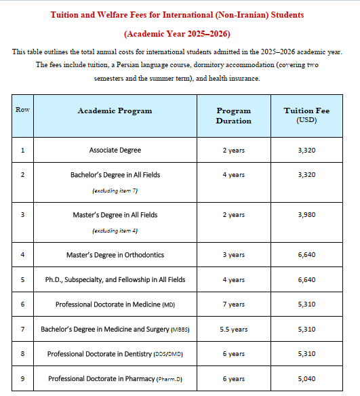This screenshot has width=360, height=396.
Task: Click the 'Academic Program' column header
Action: click(115, 111)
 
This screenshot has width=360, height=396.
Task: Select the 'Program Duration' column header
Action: click(233, 115)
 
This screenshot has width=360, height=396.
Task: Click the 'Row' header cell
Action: click(22, 110)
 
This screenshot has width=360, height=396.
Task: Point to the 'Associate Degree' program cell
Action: click(115, 150)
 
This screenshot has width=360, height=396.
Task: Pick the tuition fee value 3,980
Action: click(306, 215)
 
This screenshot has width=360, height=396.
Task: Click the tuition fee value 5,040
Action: click(306, 378)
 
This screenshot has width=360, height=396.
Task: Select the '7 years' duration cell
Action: click(233, 304)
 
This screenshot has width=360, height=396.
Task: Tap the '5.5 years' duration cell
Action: click(233, 330)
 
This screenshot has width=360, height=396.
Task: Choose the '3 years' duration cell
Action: click(233, 255)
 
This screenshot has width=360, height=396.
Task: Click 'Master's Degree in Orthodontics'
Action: click(115, 255)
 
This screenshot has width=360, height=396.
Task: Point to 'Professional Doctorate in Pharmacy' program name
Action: click(101, 378)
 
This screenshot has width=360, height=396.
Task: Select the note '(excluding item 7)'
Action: click(115, 191)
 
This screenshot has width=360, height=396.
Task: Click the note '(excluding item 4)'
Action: click(115, 231)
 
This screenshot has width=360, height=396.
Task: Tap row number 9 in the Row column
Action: click(22, 378)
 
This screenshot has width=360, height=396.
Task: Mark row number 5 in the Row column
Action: click(22, 279)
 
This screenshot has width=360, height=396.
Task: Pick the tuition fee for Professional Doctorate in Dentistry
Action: click(306, 353)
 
